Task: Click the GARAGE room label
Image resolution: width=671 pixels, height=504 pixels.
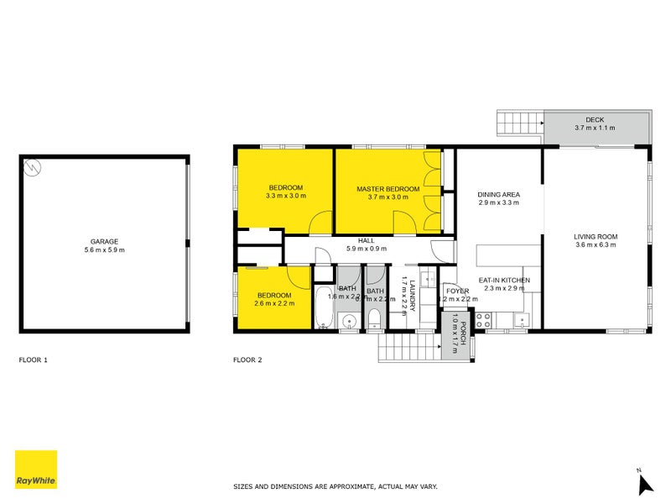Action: [x=104, y=241]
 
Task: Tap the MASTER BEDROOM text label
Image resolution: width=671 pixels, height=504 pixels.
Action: [x=388, y=189]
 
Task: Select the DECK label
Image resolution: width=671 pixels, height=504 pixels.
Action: [x=595, y=120]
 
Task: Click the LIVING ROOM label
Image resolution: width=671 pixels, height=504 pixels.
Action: [x=596, y=237]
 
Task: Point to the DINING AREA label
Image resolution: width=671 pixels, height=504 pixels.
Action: [x=499, y=195]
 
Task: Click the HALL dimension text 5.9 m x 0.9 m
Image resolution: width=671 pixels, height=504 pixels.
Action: [x=366, y=249]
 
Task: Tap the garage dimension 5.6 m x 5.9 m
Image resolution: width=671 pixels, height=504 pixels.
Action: [x=104, y=250]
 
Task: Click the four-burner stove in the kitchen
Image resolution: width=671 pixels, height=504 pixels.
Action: [x=484, y=319]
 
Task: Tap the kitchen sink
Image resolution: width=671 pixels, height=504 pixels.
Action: [x=522, y=319]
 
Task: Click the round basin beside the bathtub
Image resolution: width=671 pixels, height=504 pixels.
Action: [x=348, y=319]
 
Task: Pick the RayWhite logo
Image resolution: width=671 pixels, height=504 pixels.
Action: [x=36, y=470]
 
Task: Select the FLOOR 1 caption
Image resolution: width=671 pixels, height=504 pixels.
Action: [x=34, y=360]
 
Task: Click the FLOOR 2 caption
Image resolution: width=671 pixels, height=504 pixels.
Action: [x=247, y=360]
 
